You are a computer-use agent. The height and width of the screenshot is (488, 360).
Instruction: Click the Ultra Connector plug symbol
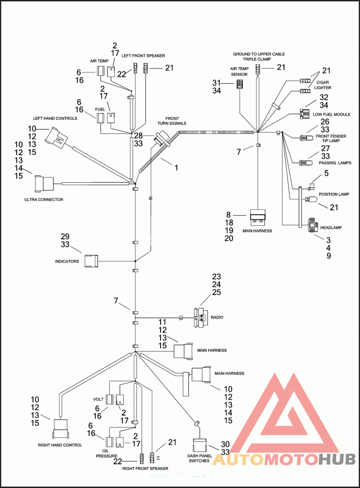[44, 183]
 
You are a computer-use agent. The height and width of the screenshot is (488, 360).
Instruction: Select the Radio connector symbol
[199, 317]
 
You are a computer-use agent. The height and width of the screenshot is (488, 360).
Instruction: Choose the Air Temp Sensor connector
[240, 84]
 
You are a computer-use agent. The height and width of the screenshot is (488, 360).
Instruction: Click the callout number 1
[176, 167]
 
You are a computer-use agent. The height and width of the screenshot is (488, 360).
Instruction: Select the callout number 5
[326, 173]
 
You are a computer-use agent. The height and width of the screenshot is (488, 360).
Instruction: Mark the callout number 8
[228, 215]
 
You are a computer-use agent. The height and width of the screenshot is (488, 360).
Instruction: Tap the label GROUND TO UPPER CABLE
[259, 54]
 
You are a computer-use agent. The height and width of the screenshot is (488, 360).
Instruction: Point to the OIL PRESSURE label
[106, 452]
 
